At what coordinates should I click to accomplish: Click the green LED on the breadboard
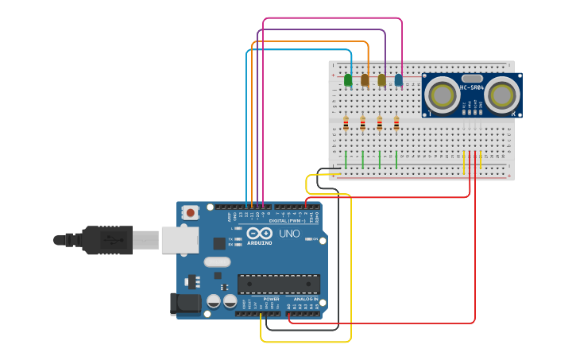pyautogui.click(x=348, y=79)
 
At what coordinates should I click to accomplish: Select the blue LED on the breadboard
pyautogui.click(x=398, y=79)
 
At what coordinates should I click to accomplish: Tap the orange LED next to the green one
pyautogui.click(x=365, y=79)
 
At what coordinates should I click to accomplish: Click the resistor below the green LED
pyautogui.click(x=346, y=123)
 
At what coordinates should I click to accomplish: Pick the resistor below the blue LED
pyautogui.click(x=396, y=123)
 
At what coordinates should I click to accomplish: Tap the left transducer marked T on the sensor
pyautogui.click(x=441, y=95)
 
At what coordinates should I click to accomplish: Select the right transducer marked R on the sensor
pyautogui.click(x=502, y=95)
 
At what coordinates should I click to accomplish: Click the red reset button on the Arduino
pyautogui.click(x=190, y=212)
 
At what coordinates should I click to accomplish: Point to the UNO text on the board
pyautogui.click(x=289, y=234)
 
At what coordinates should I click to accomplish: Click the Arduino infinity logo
pyautogui.click(x=259, y=234)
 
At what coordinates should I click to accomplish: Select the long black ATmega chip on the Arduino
pyautogui.click(x=279, y=284)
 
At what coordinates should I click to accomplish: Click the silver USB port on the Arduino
pyautogui.click(x=180, y=239)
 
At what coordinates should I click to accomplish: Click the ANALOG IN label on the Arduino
pyautogui.click(x=305, y=299)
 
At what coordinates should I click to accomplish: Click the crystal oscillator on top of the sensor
pyautogui.click(x=472, y=78)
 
